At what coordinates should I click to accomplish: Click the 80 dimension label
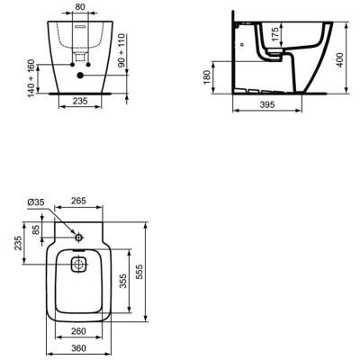coord(79,6)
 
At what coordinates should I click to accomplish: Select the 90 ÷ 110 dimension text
coord(121,50)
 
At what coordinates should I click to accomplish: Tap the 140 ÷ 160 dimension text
coord(31,78)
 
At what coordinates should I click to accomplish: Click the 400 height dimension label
coord(339,59)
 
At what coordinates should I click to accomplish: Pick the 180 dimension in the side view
coord(207,76)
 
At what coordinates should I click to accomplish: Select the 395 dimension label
coord(266,104)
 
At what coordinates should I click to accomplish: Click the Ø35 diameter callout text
coord(36,202)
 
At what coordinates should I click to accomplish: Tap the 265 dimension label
coord(78,201)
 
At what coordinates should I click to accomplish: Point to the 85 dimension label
coord(36,230)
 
